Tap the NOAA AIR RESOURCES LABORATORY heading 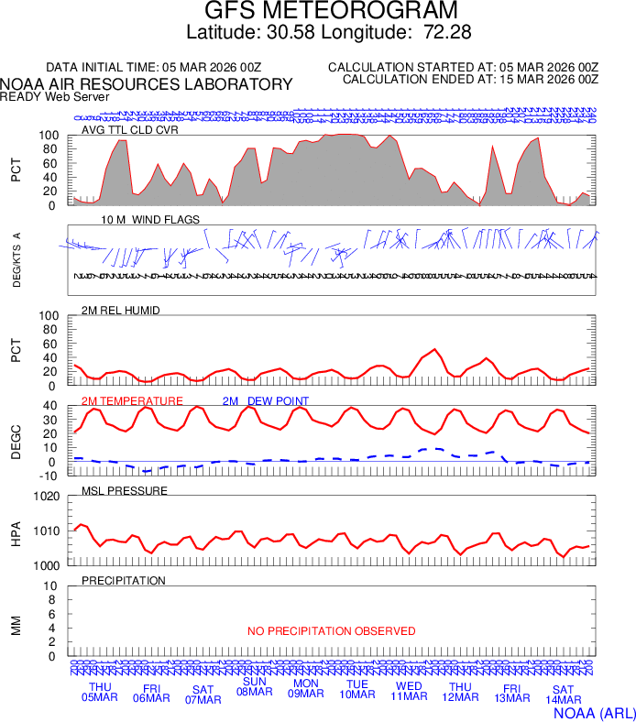click(x=147, y=84)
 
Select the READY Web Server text click(x=55, y=96)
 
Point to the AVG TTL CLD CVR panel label click(x=130, y=129)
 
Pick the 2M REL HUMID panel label click(x=121, y=311)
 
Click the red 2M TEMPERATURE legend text click(x=132, y=401)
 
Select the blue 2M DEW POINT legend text click(x=266, y=401)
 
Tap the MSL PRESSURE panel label click(x=125, y=491)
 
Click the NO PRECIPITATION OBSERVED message click(x=332, y=631)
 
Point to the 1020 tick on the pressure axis click(x=46, y=497)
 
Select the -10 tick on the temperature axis click(x=49, y=476)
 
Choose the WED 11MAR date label click(x=409, y=692)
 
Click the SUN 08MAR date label click(x=254, y=686)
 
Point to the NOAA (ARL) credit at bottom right click(x=594, y=711)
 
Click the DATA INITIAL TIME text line click(x=154, y=68)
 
